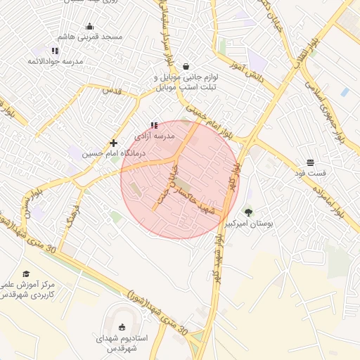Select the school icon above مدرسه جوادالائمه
[x=55, y=51]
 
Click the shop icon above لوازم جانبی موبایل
[x=186, y=66]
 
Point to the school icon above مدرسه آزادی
[x=154, y=125]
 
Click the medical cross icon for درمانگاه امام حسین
[x=113, y=143]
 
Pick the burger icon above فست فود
[x=310, y=162]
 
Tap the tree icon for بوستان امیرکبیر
[x=247, y=212]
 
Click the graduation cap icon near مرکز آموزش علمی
[x=26, y=274]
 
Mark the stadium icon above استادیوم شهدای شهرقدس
[x=122, y=327]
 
